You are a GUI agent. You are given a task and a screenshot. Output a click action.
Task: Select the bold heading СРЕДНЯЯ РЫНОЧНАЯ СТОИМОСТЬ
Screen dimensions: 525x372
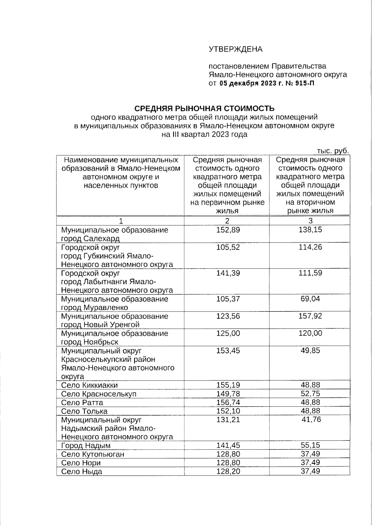[204, 109]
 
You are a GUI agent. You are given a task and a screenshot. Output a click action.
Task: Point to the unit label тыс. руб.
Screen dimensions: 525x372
[333, 151]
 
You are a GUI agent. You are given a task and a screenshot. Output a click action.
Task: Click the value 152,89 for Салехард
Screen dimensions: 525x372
[228, 230]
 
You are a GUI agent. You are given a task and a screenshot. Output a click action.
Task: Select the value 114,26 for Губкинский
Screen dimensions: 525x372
[310, 247]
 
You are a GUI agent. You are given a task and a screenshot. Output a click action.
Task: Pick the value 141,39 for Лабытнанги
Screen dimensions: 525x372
[228, 273]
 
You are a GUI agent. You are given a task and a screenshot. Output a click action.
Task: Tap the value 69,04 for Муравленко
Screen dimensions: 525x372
[310, 299]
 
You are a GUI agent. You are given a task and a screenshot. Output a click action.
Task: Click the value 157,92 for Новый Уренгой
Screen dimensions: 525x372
[310, 316]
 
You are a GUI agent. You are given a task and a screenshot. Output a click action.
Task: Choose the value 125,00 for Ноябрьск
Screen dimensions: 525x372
[228, 334]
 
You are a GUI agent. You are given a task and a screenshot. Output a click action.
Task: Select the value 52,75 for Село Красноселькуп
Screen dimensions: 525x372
[310, 394]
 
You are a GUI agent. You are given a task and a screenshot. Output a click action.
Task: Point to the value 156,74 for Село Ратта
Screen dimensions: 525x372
[228, 402]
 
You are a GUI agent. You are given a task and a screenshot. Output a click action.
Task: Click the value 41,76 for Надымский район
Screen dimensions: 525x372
[312, 420]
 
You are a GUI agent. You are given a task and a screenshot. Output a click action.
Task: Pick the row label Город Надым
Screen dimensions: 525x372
[86, 446]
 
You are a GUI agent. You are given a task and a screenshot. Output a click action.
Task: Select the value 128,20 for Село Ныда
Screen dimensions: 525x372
[228, 471]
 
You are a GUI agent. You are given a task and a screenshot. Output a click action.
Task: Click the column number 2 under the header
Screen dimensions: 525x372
[227, 221]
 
